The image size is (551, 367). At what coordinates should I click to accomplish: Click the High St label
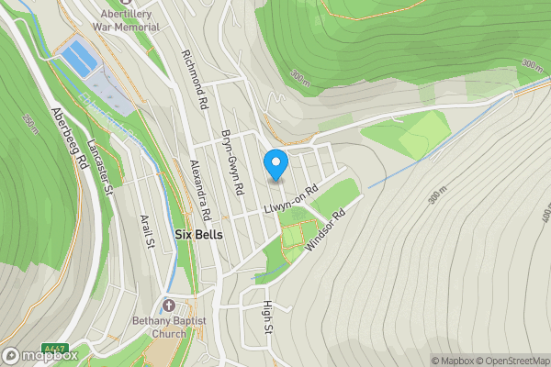tap(268, 317)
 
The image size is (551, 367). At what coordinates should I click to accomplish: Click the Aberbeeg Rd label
tap(69, 139)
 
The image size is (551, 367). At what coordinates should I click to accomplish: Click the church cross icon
tap(168, 306)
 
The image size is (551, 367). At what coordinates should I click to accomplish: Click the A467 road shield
tap(57, 350)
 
